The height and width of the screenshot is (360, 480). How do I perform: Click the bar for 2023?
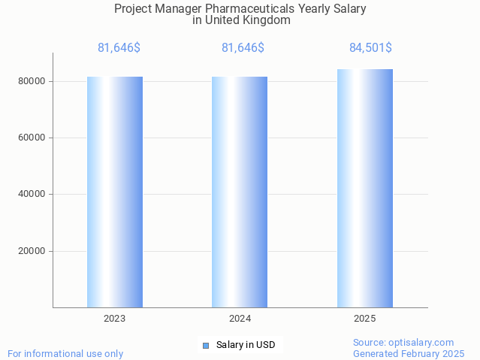tap(115, 192)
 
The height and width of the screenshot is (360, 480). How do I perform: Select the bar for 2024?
tap(240, 192)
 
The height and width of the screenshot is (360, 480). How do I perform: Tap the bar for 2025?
tap(364, 188)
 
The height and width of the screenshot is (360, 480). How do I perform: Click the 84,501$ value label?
tap(370, 48)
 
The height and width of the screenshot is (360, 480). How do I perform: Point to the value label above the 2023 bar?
tap(119, 48)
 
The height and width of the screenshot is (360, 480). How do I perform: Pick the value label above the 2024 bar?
tap(243, 48)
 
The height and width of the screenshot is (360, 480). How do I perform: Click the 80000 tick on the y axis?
tap(32, 81)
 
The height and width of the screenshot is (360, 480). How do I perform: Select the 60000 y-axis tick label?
tap(32, 138)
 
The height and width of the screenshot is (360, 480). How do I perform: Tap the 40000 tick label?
tap(32, 194)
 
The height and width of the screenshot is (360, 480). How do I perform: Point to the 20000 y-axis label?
tap(32, 251)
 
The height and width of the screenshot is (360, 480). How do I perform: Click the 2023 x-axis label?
tap(115, 319)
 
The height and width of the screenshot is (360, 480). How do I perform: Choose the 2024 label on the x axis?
tap(240, 319)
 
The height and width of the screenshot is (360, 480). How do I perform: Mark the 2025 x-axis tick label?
tap(364, 319)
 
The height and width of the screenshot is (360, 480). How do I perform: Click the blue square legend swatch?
tap(206, 346)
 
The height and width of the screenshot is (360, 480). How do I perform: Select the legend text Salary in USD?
tap(246, 346)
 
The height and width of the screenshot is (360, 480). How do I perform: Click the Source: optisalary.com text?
tap(403, 342)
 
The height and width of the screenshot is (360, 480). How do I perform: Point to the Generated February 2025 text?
tap(409, 353)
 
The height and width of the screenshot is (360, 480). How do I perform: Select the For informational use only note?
tap(65, 353)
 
